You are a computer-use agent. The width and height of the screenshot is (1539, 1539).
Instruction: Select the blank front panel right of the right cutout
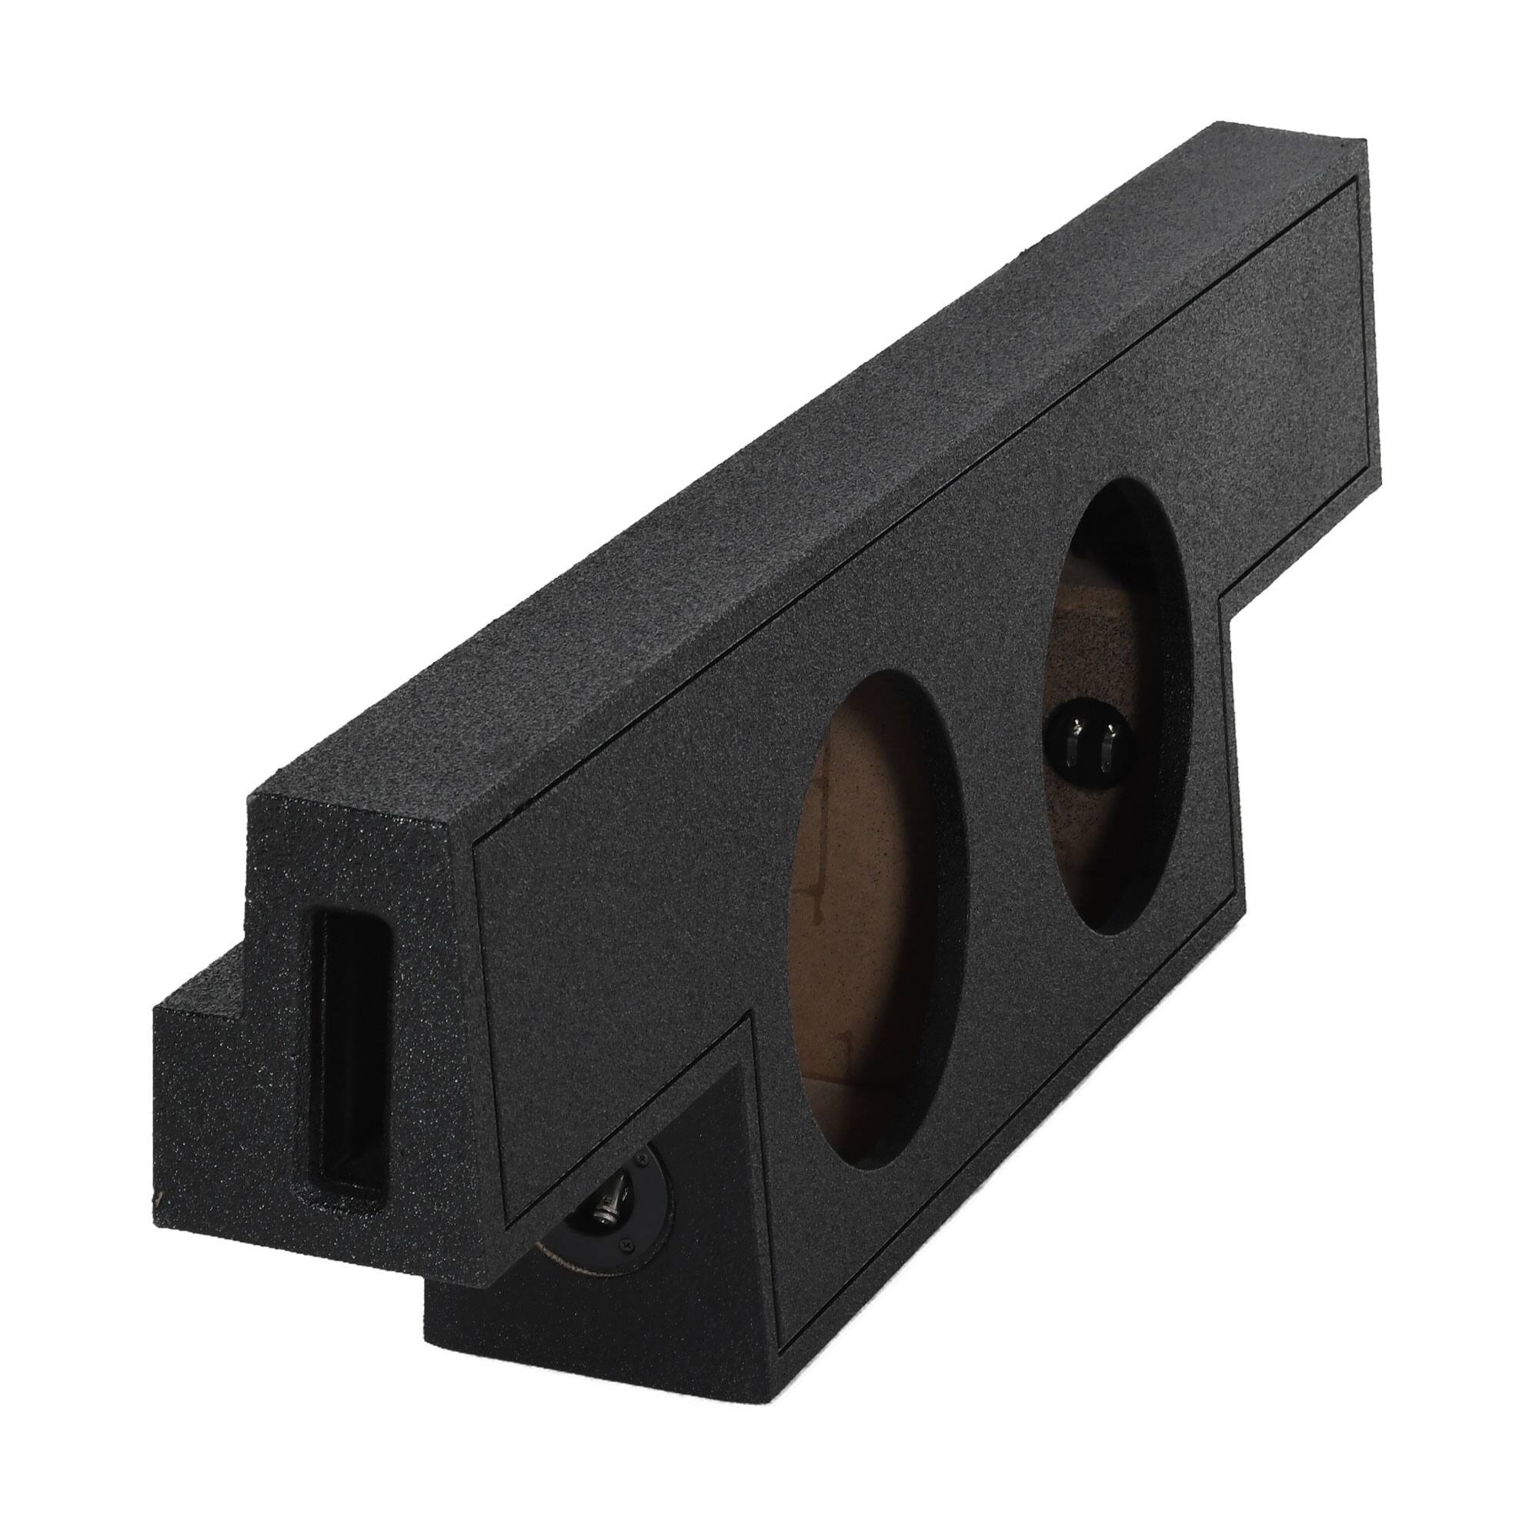click(1290, 414)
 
